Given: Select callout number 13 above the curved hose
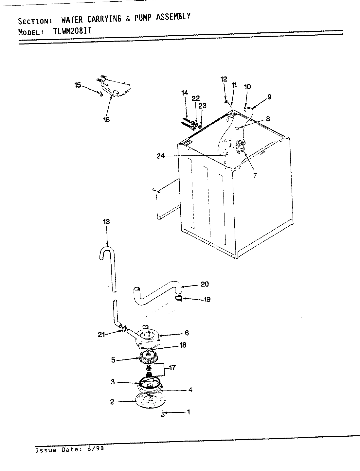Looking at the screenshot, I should pyautogui.click(x=106, y=222).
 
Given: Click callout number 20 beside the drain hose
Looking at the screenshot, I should pyautogui.click(x=205, y=284).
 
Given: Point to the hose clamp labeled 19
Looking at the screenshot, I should pyautogui.click(x=179, y=298).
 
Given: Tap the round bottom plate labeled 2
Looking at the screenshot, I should pyautogui.click(x=149, y=400).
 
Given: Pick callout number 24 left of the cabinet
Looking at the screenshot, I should pyautogui.click(x=160, y=156).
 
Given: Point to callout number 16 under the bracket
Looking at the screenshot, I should pyautogui.click(x=106, y=120).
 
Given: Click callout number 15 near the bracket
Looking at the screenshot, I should pyautogui.click(x=78, y=85).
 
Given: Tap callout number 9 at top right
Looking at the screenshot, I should pyautogui.click(x=269, y=96).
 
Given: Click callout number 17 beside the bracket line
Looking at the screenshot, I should pyautogui.click(x=172, y=368).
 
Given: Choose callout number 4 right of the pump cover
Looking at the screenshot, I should pyautogui.click(x=190, y=390).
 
